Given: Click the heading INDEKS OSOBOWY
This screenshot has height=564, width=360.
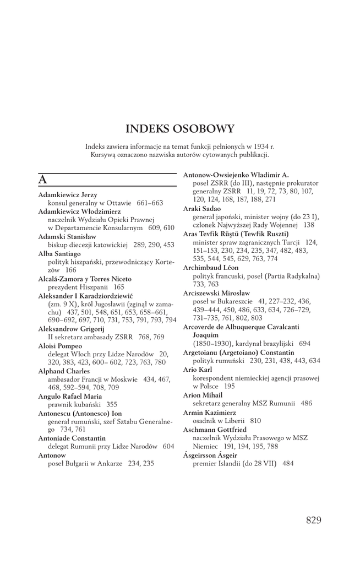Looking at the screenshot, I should pos(179,129).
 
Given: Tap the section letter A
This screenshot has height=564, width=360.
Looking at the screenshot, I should pos(42,180).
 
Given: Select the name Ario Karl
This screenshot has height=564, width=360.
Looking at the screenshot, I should pos(197,370).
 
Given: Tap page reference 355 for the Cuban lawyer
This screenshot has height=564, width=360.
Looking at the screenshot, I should pos(112,404).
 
